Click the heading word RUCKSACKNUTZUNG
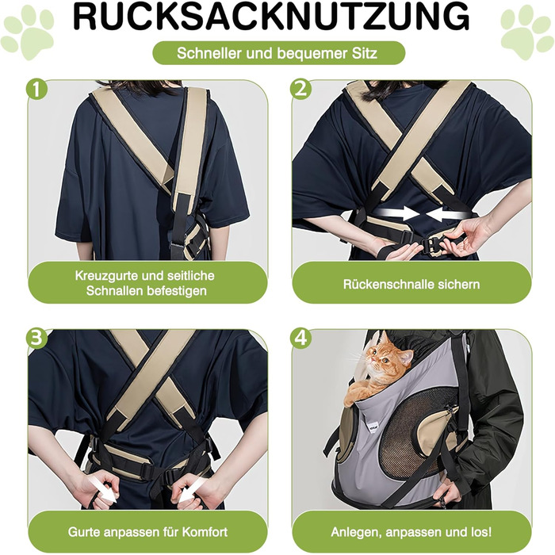(271, 17)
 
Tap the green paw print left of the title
(28, 33)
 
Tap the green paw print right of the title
(527, 33)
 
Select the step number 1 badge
(36, 89)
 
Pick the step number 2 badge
(300, 89)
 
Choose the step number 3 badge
(36, 339)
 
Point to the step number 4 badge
(300, 339)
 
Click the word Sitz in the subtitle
(365, 53)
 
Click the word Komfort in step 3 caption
(205, 532)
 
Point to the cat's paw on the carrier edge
(355, 395)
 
